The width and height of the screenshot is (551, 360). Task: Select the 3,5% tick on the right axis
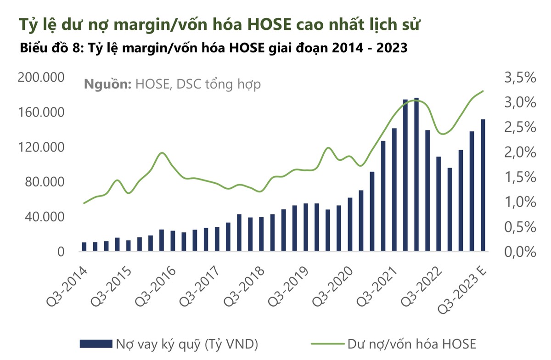[x=520, y=78]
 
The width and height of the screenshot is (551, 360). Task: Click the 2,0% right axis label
[x=520, y=152]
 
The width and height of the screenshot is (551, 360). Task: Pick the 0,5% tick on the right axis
[x=520, y=227]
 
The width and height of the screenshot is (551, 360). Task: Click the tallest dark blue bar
[x=416, y=174]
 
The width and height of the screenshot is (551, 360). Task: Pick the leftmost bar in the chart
[x=84, y=247]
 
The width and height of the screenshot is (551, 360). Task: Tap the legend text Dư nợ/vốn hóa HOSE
[x=411, y=343]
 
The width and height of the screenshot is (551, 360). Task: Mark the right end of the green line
[x=484, y=91]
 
